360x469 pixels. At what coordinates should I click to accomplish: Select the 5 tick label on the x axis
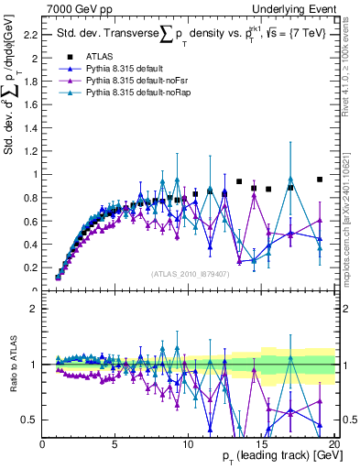pyautogui.click(x=115, y=444)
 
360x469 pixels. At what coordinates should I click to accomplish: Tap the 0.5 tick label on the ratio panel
pyautogui.click(x=29, y=420)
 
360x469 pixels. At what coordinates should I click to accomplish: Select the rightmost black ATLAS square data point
pyautogui.click(x=320, y=180)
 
